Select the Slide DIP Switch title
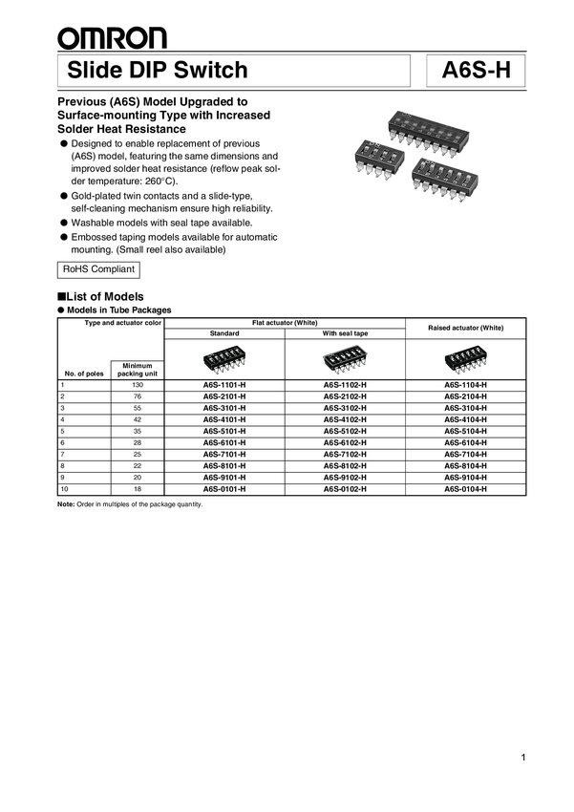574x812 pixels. pyautogui.click(x=159, y=71)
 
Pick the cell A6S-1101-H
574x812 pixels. pyautogui.click(x=224, y=385)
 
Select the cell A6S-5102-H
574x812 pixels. pyautogui.click(x=345, y=431)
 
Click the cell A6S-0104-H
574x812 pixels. pyautogui.click(x=465, y=488)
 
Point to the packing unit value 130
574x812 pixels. pyautogui.click(x=137, y=385)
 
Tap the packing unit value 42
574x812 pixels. pyautogui.click(x=137, y=419)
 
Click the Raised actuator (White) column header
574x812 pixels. pyautogui.click(x=465, y=328)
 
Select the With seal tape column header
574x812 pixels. pyautogui.click(x=345, y=333)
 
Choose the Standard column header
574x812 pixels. pyautogui.click(x=224, y=333)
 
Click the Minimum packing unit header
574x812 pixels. pyautogui.click(x=137, y=369)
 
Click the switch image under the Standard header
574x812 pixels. pyautogui.click(x=224, y=359)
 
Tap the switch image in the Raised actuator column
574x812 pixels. pyautogui.click(x=465, y=359)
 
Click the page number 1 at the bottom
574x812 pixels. pyautogui.click(x=524, y=758)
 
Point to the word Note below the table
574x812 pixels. pyautogui.click(x=66, y=504)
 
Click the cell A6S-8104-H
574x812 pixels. pyautogui.click(x=465, y=465)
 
